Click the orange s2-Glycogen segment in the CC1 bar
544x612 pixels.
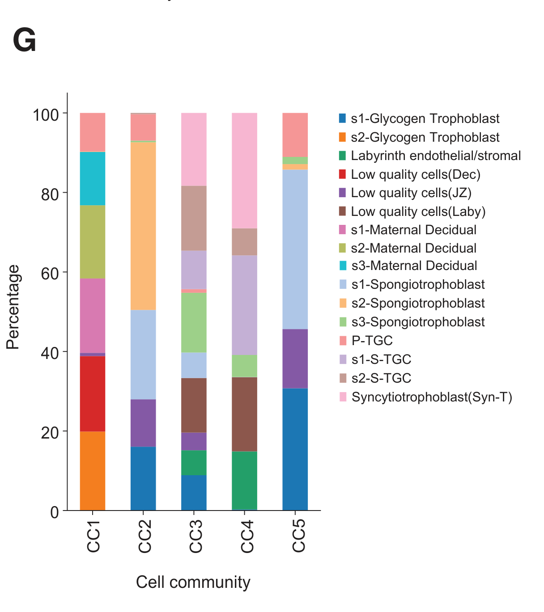coord(93,470)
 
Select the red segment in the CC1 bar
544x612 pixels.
coord(93,393)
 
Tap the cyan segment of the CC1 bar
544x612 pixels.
coord(93,178)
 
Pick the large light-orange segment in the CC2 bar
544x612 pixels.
coord(143,226)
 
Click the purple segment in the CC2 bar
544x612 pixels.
coord(143,423)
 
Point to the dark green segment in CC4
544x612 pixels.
coord(244,480)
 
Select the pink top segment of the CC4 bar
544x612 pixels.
coord(244,170)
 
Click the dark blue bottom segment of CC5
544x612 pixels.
coord(295,449)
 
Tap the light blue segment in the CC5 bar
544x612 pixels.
coord(295,249)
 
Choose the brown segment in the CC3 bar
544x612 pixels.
coord(194,405)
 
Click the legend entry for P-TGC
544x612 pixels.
coord(372,341)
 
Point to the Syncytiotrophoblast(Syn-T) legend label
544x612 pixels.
coord(432,397)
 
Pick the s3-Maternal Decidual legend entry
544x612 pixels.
coord(414,266)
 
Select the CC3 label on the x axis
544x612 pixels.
coord(196,536)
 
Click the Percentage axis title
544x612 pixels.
coord(13,307)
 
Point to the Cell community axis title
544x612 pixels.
coord(193,582)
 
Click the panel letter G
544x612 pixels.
coord(24,41)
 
